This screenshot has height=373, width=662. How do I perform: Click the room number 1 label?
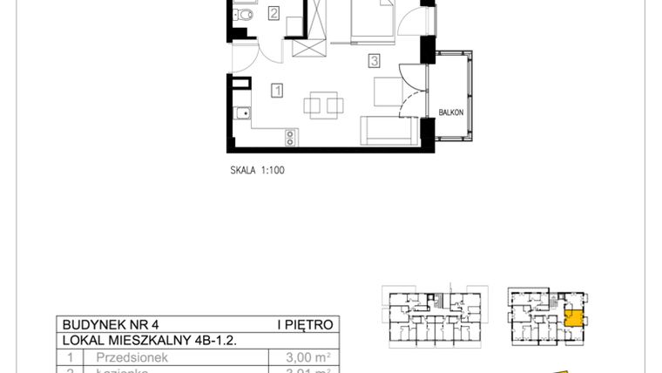pyautogui.click(x=276, y=89)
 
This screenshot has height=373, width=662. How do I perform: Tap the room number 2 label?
pyautogui.click(x=274, y=13)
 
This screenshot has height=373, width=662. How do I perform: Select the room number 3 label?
pyautogui.click(x=374, y=61)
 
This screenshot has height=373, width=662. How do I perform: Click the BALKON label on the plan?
pyautogui.click(x=450, y=112)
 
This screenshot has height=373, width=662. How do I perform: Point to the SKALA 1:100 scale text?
pyautogui.click(x=253, y=171)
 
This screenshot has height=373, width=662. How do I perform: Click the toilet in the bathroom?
pyautogui.click(x=243, y=14)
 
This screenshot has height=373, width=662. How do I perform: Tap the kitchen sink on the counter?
pyautogui.click(x=241, y=113)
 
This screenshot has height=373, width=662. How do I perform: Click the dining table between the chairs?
pyautogui.click(x=324, y=105)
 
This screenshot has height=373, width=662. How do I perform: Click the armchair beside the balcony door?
pyautogui.click(x=388, y=91)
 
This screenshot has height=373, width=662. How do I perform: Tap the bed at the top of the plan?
pyautogui.click(x=373, y=21)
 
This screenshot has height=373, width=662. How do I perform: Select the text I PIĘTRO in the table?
pyautogui.click(x=305, y=325)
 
